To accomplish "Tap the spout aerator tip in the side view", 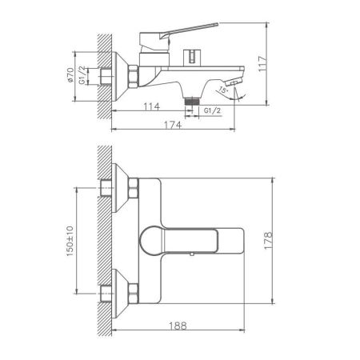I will [x=234, y=82].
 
